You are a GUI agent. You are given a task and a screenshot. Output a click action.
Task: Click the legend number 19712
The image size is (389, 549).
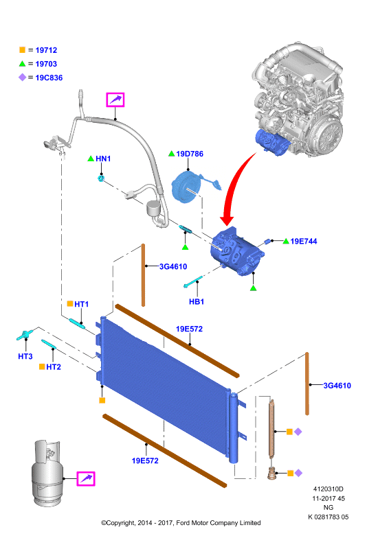tap(46, 50)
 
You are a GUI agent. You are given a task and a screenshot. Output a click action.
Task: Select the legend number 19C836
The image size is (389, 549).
tap(49, 78)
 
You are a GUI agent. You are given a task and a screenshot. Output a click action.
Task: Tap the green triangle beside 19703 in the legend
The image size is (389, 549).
tap(22, 64)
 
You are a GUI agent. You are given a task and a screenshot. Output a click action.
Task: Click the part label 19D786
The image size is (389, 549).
tap(190, 154)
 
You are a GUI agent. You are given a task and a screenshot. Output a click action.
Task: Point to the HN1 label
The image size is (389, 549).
tap(103, 159)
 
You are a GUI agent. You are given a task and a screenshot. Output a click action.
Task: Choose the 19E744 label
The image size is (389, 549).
tap(304, 242)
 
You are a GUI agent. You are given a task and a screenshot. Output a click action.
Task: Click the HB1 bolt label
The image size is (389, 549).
tap(197, 301)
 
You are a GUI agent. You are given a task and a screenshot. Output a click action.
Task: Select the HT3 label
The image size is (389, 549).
tap(25, 356)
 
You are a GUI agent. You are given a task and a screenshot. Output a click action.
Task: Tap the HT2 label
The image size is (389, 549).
tap(54, 367)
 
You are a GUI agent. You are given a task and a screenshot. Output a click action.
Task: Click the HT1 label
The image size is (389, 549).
tap(81, 304)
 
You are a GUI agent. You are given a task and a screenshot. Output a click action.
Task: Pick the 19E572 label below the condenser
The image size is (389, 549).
tap(145, 460)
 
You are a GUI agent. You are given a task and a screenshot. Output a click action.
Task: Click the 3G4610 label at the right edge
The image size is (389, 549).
tap(337, 386)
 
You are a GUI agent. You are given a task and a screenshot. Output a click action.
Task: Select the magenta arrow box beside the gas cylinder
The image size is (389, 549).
tap(86, 478)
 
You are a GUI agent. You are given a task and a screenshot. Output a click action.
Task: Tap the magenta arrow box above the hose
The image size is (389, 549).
tap(115, 100)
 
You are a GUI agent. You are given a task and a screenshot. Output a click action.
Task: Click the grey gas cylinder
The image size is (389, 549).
tap(46, 473)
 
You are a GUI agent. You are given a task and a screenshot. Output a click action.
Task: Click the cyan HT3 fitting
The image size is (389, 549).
tap(25, 335)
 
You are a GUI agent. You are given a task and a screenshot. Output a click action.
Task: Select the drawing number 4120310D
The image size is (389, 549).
tap(329, 489)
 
